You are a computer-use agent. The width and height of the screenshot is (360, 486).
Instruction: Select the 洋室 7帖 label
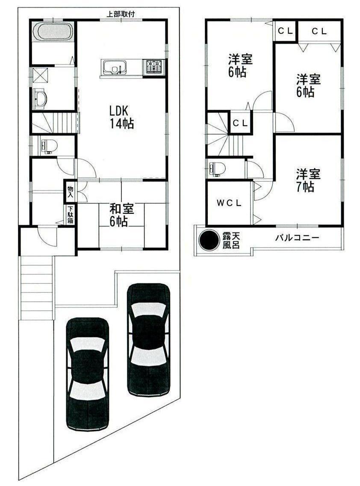(x=309, y=180)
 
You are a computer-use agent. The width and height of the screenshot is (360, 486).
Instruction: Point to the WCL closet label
(x=228, y=203)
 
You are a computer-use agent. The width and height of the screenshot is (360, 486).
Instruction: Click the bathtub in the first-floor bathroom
(x=53, y=32)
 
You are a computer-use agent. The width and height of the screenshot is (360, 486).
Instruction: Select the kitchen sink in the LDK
(x=114, y=68)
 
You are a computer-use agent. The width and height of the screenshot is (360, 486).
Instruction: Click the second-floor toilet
(x=216, y=168)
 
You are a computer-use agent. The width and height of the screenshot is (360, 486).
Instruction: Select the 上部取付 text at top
(x=121, y=14)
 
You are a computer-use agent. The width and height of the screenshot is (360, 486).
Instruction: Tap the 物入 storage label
(x=70, y=191)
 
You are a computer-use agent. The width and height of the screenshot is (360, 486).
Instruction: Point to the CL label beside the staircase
(x=240, y=123)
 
